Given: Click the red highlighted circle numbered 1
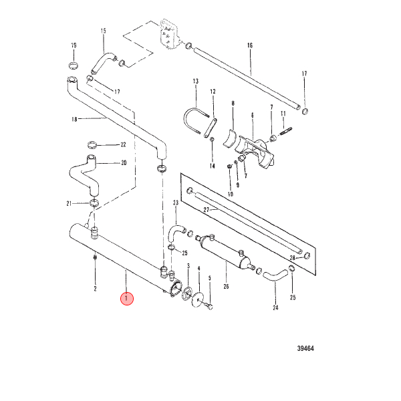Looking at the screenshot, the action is point(127,299).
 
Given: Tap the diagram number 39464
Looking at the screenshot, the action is point(305,348).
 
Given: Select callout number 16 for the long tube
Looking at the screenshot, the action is point(250,45).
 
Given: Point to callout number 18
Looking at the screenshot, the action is point(74,119).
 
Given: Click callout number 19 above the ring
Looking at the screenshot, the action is point(74,45).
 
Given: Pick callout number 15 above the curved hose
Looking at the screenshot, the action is point(103,31).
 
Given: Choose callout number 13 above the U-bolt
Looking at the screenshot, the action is point(195,82).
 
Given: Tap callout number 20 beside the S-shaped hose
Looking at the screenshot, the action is point(124,162).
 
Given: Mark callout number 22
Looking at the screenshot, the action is point(123,145).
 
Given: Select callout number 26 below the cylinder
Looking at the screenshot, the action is point(226,287).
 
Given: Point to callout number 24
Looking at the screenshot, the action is point(275,307).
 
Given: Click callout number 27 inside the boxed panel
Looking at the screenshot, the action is point(207,210).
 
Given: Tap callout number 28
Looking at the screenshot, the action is point(293,258).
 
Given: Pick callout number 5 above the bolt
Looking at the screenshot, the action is point(209,278).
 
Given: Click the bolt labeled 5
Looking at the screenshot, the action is point(209,305).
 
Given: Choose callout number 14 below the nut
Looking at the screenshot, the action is point(213,166).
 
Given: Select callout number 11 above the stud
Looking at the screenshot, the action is point(283,114).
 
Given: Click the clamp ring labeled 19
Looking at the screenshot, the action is point(74,65).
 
